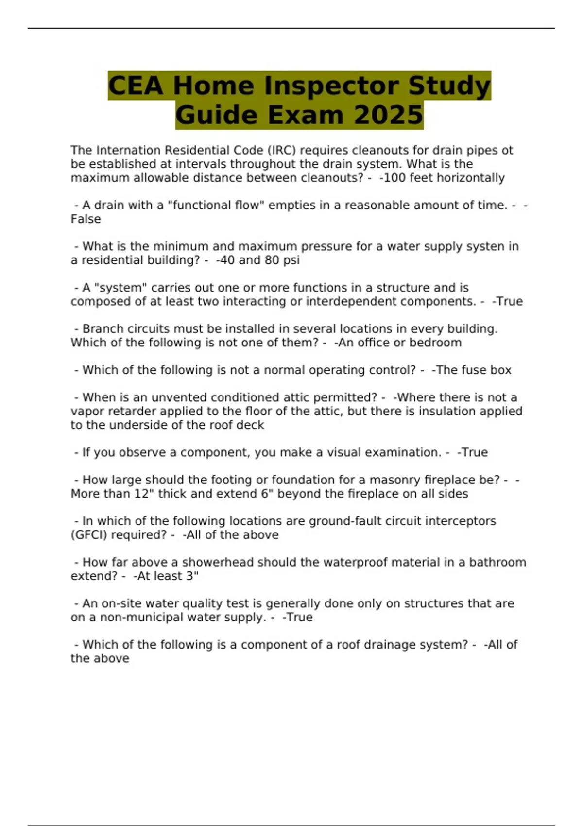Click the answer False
[86, 219]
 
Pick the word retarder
[133, 412]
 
